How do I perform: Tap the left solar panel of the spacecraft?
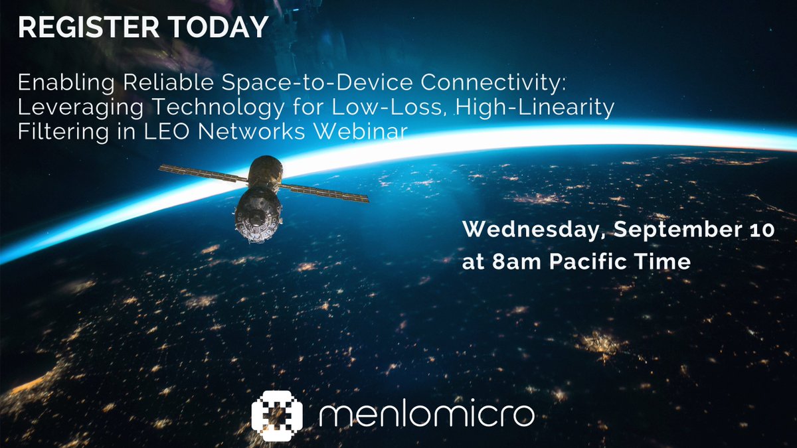pyautogui.click(x=202, y=174)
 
